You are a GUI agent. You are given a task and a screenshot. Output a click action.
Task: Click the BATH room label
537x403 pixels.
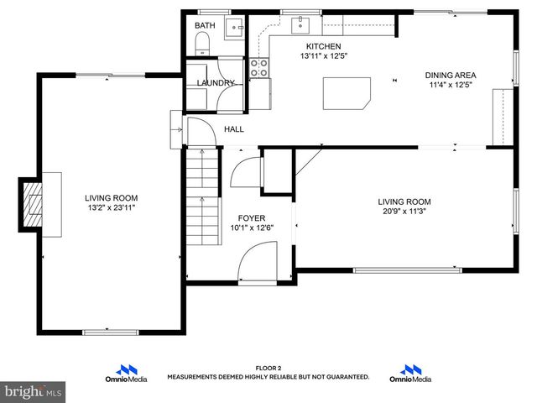click(205, 26)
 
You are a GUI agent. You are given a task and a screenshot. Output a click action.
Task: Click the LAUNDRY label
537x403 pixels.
click(216, 83)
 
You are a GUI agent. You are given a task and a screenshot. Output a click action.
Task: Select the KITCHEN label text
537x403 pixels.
click(323, 46)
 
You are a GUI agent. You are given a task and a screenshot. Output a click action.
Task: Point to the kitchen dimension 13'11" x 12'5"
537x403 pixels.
click(323, 56)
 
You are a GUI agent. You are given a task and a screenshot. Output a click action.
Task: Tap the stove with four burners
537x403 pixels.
click(259, 68)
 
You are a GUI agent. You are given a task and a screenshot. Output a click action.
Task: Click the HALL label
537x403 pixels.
click(234, 129)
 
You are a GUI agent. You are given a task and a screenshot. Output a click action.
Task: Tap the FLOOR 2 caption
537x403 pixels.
click(268, 369)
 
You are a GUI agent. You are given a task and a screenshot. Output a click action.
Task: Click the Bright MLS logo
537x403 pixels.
click(34, 391)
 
